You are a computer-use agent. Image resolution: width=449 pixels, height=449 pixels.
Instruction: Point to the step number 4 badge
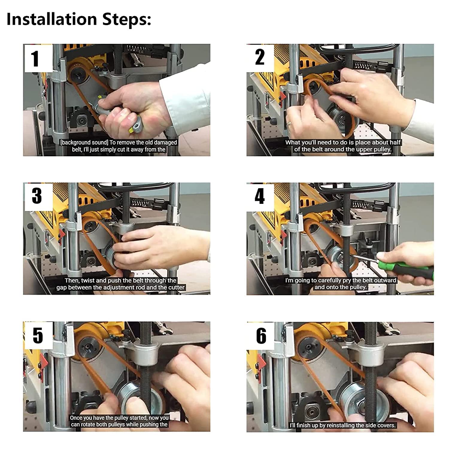260,197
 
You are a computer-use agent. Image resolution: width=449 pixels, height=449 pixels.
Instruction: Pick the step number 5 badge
38,336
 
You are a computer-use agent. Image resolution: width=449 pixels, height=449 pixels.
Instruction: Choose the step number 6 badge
260,336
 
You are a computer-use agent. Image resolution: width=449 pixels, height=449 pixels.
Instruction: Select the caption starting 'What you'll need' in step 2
343,146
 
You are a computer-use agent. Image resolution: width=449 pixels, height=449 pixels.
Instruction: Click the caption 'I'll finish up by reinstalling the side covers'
343,425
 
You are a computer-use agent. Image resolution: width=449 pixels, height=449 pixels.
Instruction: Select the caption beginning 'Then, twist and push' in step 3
121,284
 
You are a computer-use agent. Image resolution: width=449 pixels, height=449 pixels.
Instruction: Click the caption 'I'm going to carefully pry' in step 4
341,284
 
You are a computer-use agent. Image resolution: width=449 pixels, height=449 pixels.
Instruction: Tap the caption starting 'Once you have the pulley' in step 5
119,421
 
